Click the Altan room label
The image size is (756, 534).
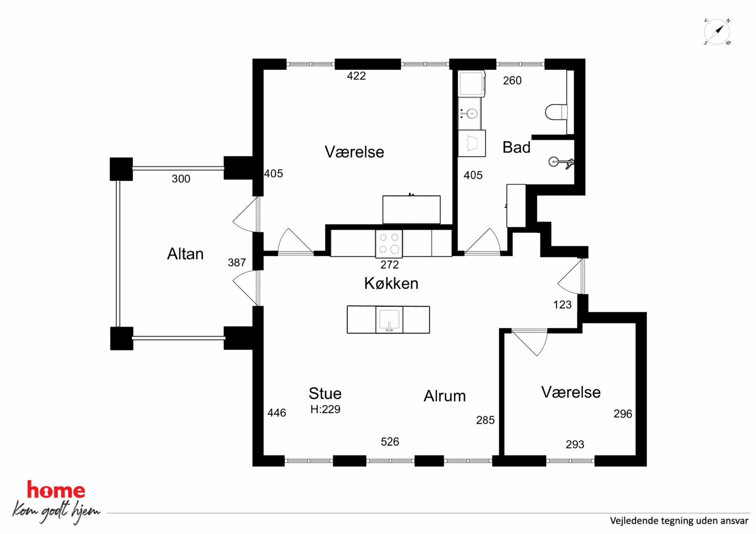tap(185, 254)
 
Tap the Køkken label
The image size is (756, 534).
tap(391, 283)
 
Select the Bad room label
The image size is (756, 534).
tap(516, 147)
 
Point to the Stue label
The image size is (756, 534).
tap(325, 394)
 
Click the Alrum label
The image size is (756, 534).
tap(445, 396)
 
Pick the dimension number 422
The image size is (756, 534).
tap(356, 76)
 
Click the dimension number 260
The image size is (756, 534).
tap(512, 81)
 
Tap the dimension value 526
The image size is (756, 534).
tap(390, 442)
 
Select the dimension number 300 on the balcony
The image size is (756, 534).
tap(181, 179)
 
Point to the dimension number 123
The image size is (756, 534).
tap(562, 305)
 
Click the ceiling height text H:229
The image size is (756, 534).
tap(325, 410)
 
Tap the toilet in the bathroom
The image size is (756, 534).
tap(556, 112)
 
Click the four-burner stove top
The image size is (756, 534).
tap(389, 243)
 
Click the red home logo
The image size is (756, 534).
tap(56, 489)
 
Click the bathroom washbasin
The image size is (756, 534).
tap(469, 113)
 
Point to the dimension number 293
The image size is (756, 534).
tap(575, 445)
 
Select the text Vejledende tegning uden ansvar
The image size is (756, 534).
tap(679, 521)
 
